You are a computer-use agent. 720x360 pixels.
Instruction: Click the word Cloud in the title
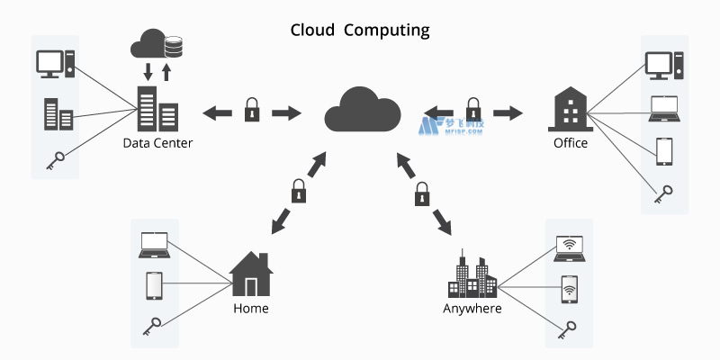pos(312,30)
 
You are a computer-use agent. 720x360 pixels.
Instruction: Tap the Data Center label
pos(158,143)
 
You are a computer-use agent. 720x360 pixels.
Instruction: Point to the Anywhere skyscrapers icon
pos(472,276)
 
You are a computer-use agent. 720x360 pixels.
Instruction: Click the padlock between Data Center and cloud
pos(252,112)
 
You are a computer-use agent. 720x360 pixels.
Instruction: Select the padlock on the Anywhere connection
pos(421,193)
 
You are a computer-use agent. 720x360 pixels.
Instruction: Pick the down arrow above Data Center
pos(148,71)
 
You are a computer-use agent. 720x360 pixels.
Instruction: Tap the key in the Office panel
pos(664,193)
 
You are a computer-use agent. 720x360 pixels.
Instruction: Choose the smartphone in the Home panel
pos(153,286)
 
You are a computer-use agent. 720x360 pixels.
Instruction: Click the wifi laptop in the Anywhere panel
pos(569,248)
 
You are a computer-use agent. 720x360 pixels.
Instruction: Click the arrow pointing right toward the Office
pos(508,112)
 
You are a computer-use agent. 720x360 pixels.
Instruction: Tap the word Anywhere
pos(472,309)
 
